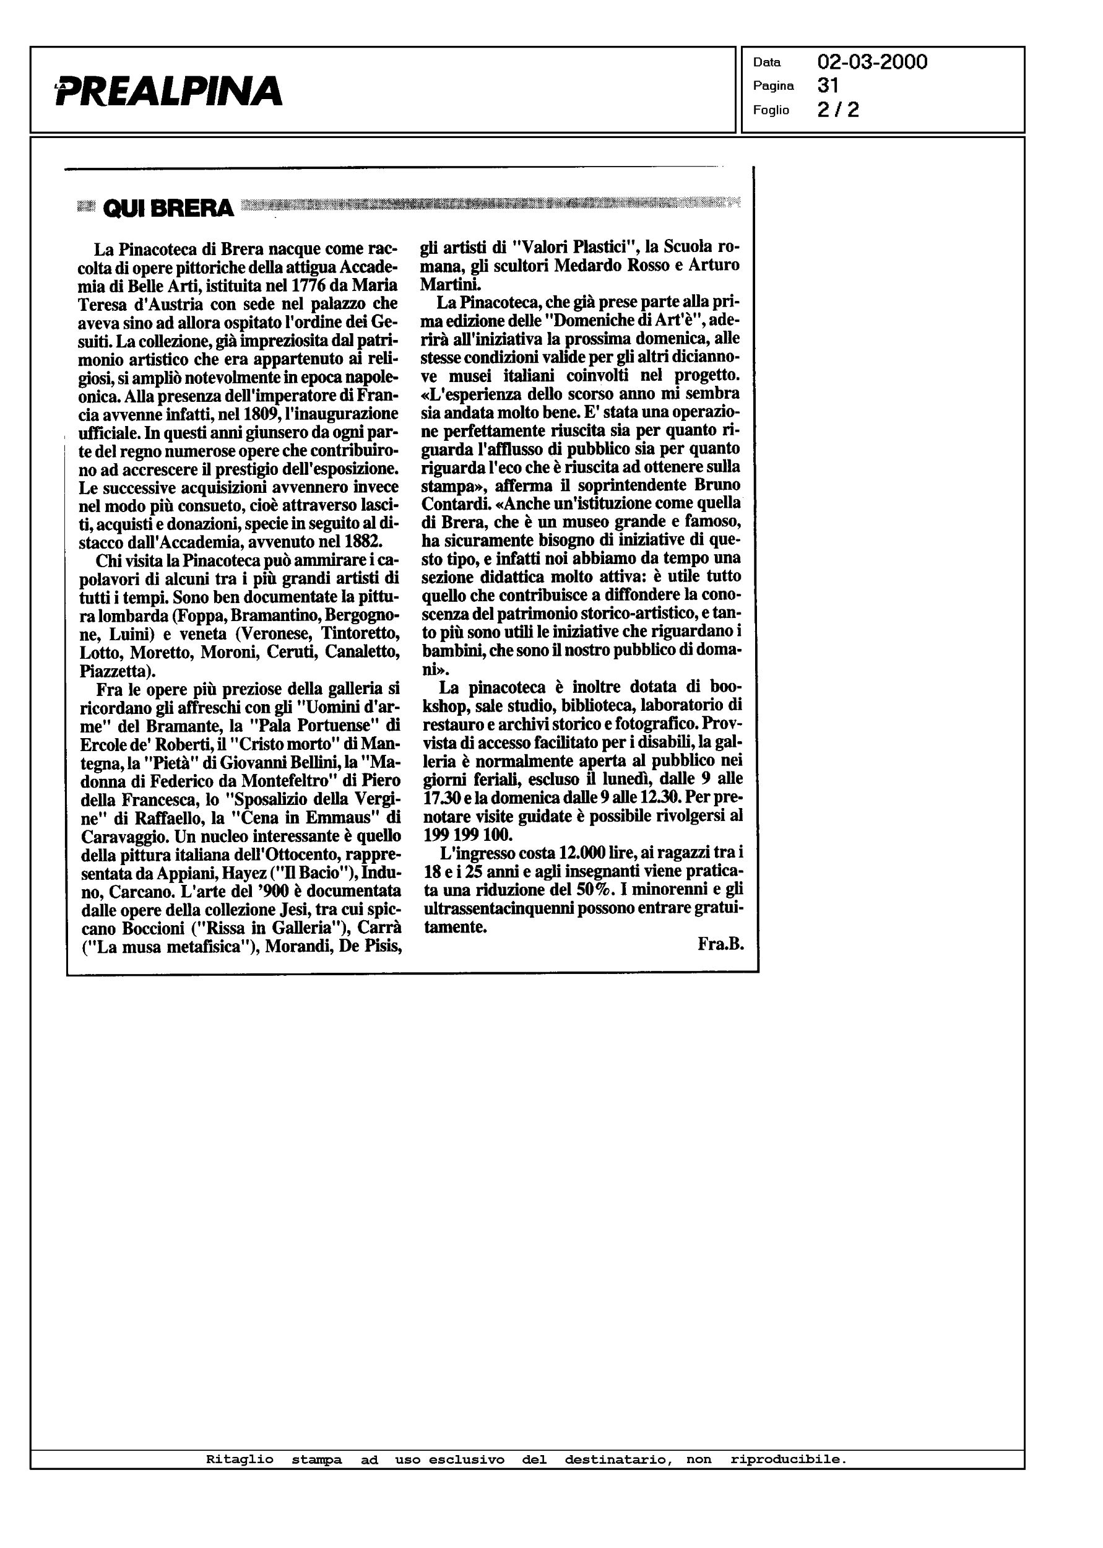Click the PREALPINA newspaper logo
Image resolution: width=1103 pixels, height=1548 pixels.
point(168,90)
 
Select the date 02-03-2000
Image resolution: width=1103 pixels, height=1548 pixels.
point(872,63)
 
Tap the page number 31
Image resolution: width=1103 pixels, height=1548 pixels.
point(828,85)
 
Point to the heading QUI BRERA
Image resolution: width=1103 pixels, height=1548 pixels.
point(168,209)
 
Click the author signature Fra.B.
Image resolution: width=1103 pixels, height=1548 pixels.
point(720,944)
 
